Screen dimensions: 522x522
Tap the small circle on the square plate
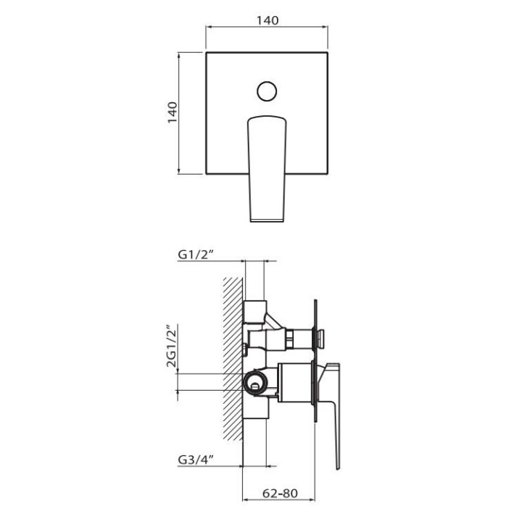(267, 91)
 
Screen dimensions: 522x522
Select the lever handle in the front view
(267, 168)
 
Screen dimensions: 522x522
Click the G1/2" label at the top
(195, 254)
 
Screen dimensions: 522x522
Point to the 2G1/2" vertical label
(172, 346)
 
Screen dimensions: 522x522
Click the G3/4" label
(196, 460)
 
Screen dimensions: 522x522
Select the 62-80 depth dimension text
(280, 494)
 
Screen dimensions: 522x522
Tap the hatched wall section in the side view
(233, 359)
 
